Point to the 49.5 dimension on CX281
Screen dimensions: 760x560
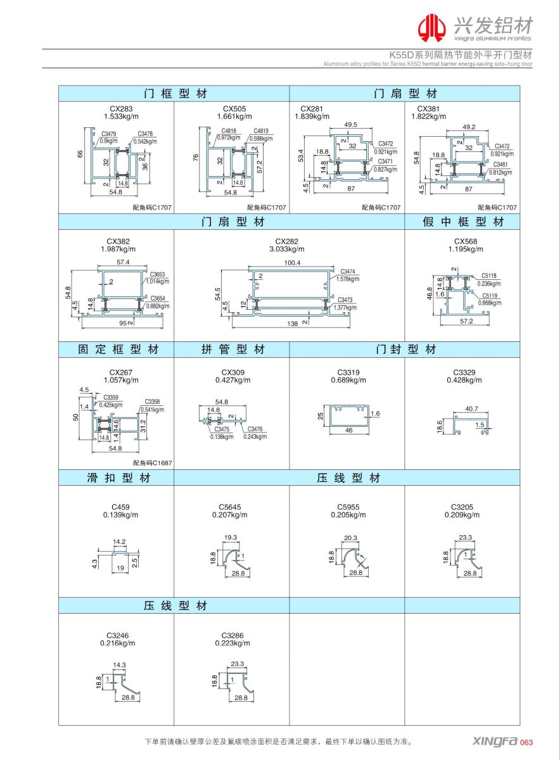click(x=351, y=125)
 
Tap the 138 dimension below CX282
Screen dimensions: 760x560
click(x=292, y=324)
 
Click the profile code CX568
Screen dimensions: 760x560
click(x=466, y=241)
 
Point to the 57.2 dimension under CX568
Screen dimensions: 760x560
click(x=467, y=322)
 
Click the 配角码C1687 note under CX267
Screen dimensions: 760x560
click(x=152, y=463)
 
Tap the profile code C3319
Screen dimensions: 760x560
click(x=348, y=372)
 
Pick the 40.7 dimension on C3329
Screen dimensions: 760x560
click(x=471, y=408)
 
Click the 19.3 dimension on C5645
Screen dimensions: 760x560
click(x=231, y=537)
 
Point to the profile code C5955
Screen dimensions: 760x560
click(x=348, y=507)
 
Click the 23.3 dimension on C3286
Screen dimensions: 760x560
click(x=238, y=664)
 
